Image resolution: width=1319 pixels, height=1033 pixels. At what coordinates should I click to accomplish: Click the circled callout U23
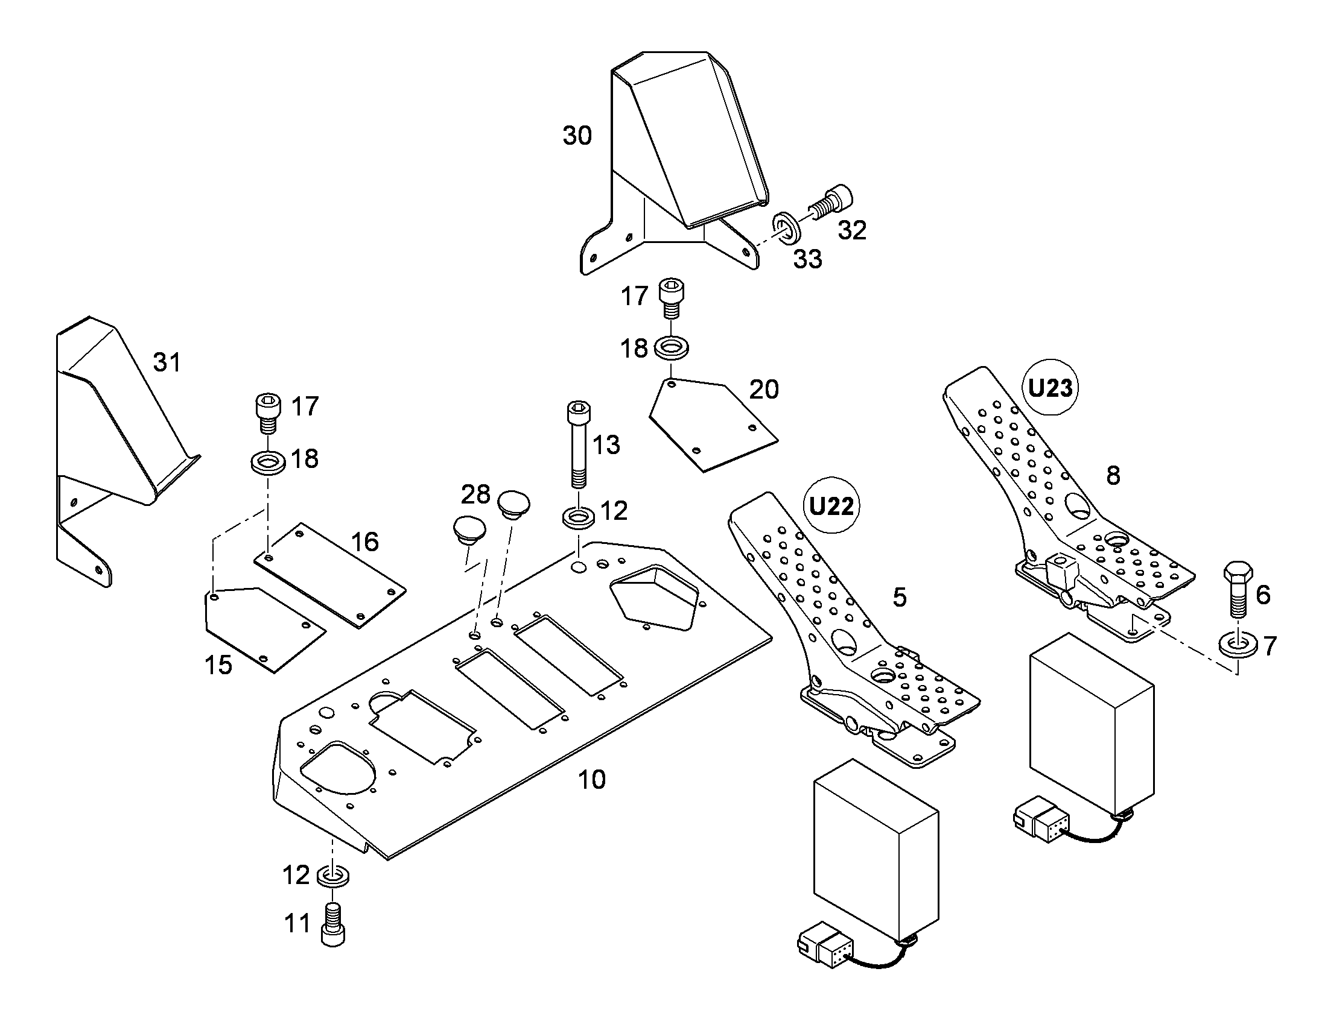pyautogui.click(x=1050, y=388)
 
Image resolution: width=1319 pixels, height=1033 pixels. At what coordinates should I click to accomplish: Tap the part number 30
pyautogui.click(x=577, y=136)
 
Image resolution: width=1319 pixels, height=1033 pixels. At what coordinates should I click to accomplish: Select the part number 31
pyautogui.click(x=167, y=362)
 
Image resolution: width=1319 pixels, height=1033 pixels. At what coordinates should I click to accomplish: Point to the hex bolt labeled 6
pyautogui.click(x=1238, y=589)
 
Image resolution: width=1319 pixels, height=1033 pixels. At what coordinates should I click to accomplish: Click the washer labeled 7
pyautogui.click(x=1238, y=645)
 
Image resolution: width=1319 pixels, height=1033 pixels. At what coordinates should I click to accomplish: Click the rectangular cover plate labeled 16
pyautogui.click(x=329, y=575)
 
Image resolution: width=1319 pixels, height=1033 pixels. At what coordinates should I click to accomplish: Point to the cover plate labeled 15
pyautogui.click(x=265, y=629)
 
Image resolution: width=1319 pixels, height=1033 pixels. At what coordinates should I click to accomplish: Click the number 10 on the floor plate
pyautogui.click(x=591, y=780)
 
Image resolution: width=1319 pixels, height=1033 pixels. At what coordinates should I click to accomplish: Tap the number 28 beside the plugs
pyautogui.click(x=475, y=494)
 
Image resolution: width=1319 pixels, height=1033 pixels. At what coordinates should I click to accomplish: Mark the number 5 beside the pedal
pyautogui.click(x=900, y=597)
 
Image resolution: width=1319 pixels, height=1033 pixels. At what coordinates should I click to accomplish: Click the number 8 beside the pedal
pyautogui.click(x=1113, y=475)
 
